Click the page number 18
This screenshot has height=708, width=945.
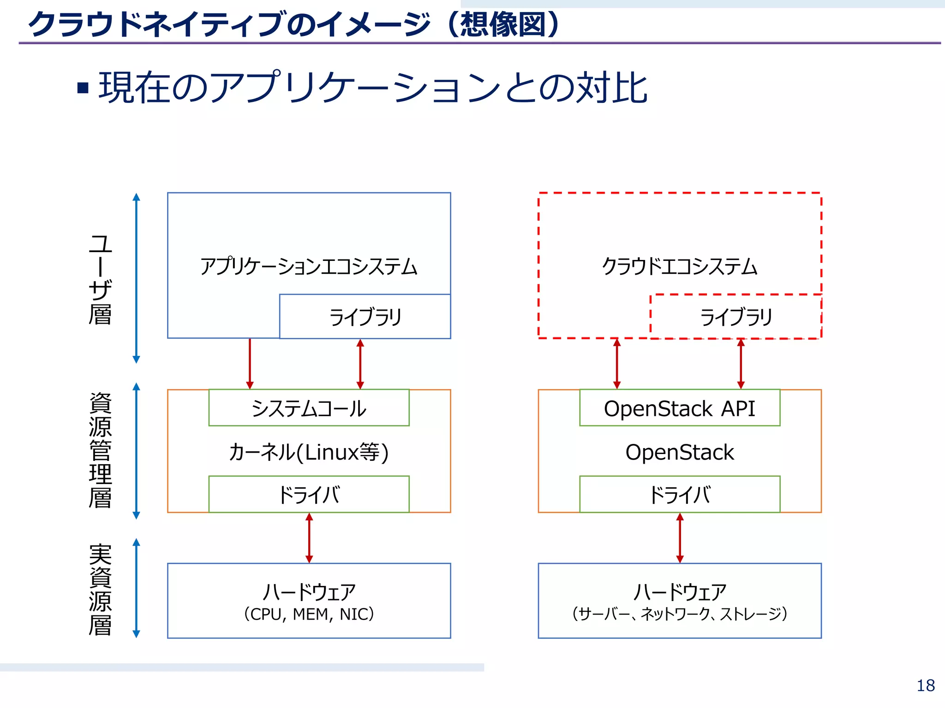[x=925, y=685]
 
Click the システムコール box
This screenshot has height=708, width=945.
[x=309, y=408]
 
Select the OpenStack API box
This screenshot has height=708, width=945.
[x=679, y=408]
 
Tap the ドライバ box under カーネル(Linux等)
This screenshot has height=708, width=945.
[x=309, y=494]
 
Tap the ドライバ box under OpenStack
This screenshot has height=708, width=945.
[x=679, y=494]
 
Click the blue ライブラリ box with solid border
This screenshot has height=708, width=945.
[x=365, y=317]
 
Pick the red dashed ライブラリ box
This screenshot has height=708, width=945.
[x=736, y=317]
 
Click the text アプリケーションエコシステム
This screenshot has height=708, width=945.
[x=309, y=266]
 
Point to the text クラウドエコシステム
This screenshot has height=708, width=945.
[x=679, y=266]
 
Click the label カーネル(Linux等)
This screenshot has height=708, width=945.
[x=309, y=452]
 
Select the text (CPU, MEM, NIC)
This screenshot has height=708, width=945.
[x=309, y=614]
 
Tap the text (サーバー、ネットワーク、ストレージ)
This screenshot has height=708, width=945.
[x=679, y=614]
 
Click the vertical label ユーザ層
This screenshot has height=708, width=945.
[x=100, y=279]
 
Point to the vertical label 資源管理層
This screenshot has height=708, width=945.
[x=100, y=450]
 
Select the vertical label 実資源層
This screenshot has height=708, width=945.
[x=100, y=590]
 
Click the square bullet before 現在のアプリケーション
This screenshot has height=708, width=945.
[x=83, y=88]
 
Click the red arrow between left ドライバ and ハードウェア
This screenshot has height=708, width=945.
[x=309, y=537]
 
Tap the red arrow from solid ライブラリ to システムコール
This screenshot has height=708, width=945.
[x=360, y=364]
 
